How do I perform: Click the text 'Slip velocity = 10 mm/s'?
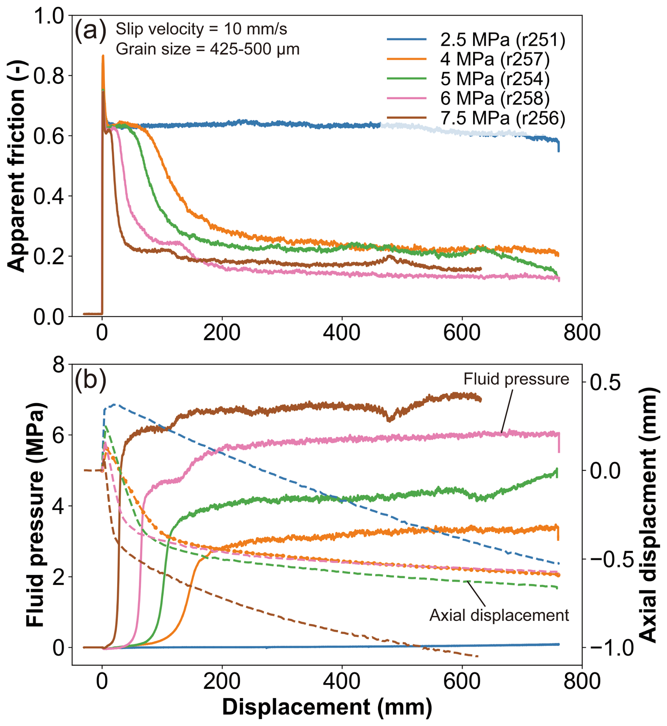201,29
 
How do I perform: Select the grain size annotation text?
208,49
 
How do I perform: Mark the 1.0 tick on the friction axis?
49,16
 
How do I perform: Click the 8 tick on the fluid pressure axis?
58,365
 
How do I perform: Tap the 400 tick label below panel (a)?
342,332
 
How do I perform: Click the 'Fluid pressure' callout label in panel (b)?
516,379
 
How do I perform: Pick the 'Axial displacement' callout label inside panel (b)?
499,615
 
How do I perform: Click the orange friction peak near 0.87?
103,56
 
